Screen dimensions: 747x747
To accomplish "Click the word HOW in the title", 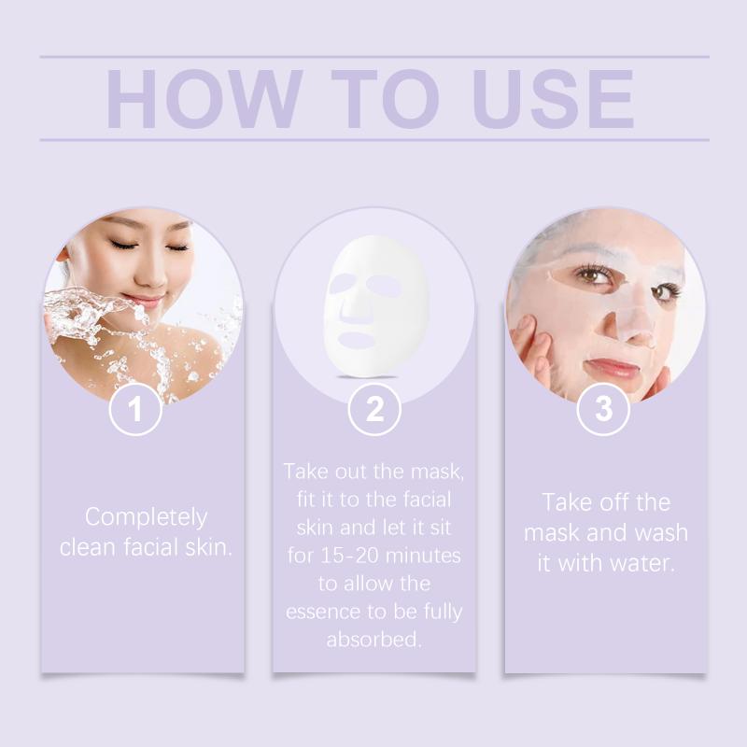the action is point(204,99).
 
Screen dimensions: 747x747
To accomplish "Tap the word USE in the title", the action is point(554,99).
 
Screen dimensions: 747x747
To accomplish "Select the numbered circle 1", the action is point(135,409).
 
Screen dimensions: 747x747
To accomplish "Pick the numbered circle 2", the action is point(374,409).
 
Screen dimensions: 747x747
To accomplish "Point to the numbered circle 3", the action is point(603,409).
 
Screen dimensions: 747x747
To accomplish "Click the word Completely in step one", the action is point(147,517).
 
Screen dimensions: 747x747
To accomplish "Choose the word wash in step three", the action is point(661,532).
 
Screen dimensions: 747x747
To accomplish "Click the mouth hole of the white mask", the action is point(358,340).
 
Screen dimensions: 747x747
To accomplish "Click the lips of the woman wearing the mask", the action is point(612,368).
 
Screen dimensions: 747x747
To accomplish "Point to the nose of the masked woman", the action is point(635,324).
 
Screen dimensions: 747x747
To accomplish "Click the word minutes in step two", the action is point(423,556).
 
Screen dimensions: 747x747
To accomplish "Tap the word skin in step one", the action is point(203,547).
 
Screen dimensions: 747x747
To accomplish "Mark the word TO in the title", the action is point(385,99).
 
